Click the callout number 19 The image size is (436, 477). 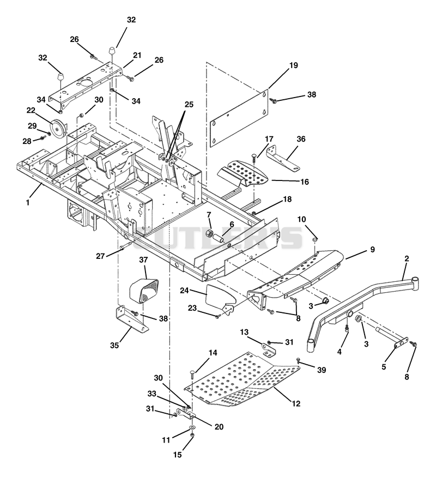294,65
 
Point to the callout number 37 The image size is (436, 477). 143,260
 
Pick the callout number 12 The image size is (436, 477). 296,404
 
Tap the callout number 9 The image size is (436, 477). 372,250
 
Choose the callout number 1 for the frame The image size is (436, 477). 28,202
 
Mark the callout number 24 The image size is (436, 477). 184,291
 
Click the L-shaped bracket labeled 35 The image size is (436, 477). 131,319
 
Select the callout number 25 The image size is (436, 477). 189,105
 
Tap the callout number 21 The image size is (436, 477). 137,56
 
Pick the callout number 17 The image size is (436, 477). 269,140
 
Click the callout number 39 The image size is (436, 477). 322,370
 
